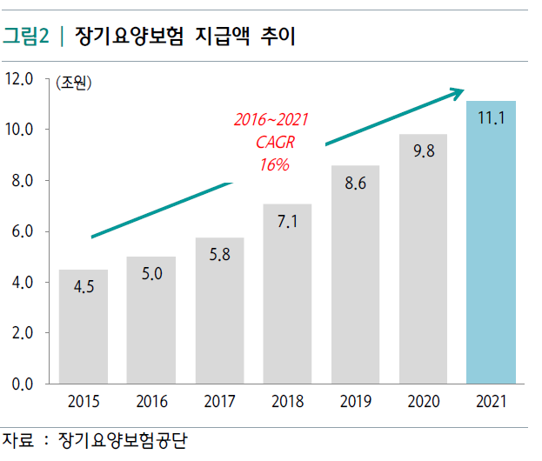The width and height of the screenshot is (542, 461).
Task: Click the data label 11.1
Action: coord(492,117)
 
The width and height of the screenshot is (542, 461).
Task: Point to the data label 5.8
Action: coord(219,255)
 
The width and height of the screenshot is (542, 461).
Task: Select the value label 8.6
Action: coord(356,184)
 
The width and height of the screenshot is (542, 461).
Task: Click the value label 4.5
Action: coord(84,288)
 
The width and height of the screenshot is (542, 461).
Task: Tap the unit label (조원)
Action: coord(73,84)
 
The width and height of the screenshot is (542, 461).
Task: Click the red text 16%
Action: coord(274,164)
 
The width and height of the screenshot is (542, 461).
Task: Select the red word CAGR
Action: coord(274,142)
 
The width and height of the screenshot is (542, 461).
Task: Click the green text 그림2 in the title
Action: coord(25,37)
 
